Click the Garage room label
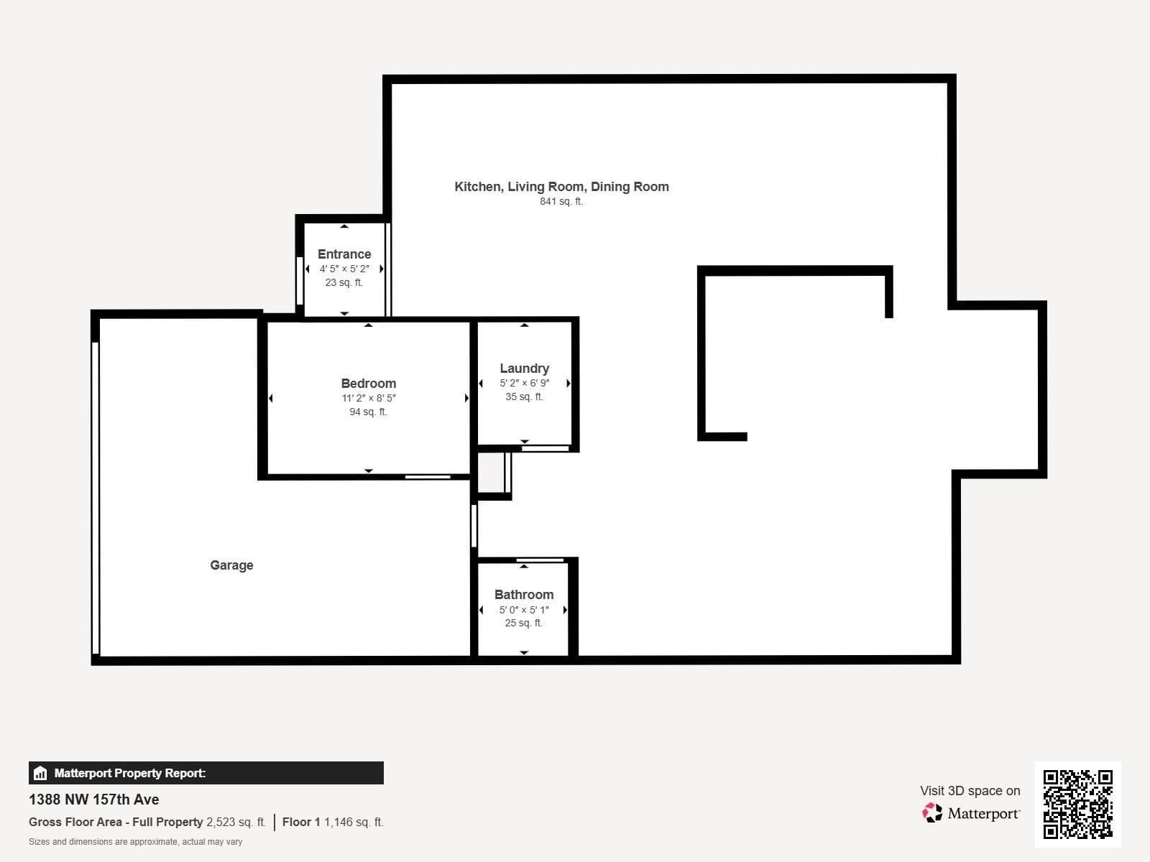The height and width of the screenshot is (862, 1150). (231, 565)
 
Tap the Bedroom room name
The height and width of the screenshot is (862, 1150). (368, 383)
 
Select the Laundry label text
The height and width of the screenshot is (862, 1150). (524, 369)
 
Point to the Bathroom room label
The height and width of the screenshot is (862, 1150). (524, 595)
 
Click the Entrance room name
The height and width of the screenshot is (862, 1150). (344, 254)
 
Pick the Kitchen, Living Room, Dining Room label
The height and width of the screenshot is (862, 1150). (561, 187)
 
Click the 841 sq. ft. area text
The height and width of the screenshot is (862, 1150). (561, 202)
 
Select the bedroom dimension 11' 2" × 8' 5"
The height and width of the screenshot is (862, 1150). (368, 398)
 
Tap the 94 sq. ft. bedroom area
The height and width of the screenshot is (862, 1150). (368, 412)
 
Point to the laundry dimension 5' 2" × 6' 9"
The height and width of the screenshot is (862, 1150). (524, 383)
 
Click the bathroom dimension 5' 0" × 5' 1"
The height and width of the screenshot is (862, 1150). (524, 610)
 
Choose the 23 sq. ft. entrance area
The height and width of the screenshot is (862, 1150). (344, 282)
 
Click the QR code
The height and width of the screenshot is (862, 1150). (1077, 804)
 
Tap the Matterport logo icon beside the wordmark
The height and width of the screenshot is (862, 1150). (932, 813)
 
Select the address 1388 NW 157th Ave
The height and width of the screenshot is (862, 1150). (93, 800)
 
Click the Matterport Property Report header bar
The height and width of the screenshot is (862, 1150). (206, 773)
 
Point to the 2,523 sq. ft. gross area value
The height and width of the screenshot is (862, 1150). (236, 822)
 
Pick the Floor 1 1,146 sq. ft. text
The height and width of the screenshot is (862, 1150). (333, 822)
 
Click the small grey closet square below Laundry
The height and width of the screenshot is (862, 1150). (492, 473)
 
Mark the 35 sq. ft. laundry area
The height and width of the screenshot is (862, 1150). (524, 397)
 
